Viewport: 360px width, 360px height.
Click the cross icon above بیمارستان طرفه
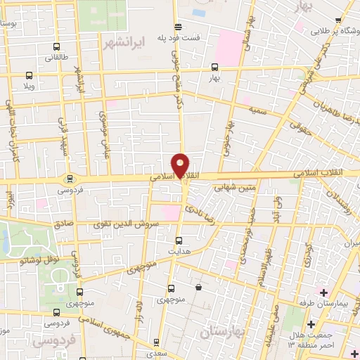[323, 292]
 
